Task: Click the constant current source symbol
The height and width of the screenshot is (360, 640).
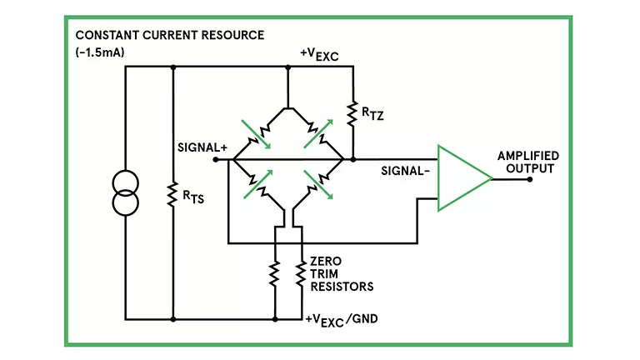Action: point(126,192)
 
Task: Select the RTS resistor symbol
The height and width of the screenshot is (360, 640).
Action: point(172,192)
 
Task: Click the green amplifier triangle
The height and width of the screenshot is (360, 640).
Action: point(461,177)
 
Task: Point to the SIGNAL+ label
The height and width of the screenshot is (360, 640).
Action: point(202,147)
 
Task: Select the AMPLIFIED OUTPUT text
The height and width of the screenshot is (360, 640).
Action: point(527,162)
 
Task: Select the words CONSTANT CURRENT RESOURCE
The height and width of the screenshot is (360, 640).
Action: point(169,36)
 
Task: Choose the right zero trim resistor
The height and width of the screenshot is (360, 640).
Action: point(298,274)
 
